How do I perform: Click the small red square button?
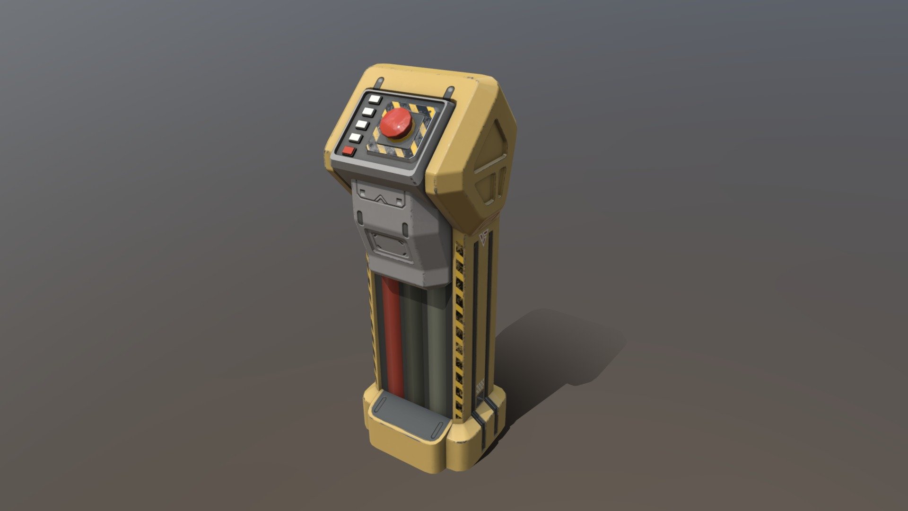coord(349,151)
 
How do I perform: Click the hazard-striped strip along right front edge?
coord(459,331)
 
